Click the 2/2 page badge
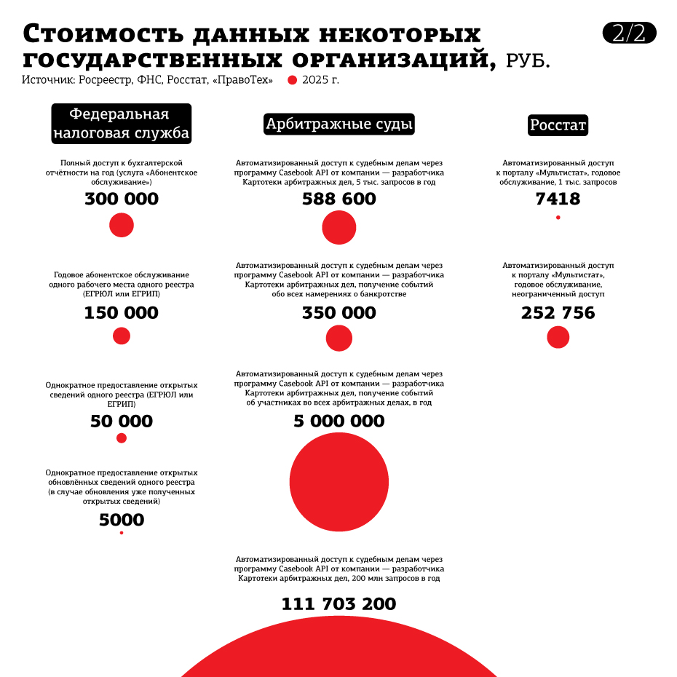(629, 33)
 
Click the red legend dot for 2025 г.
(293, 80)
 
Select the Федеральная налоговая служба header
(122, 123)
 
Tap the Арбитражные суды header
(339, 124)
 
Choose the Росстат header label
(558, 125)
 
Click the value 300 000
(122, 199)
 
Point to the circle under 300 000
(122, 225)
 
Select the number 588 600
(339, 199)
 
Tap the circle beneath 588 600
(339, 227)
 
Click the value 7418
(558, 199)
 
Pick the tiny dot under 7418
(558, 218)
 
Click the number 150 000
(121, 313)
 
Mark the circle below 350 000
(339, 338)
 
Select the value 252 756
(558, 313)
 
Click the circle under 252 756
(558, 337)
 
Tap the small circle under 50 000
(122, 438)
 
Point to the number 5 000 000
(339, 421)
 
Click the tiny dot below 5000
(122, 533)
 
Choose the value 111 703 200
(339, 604)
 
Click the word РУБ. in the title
(528, 61)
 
